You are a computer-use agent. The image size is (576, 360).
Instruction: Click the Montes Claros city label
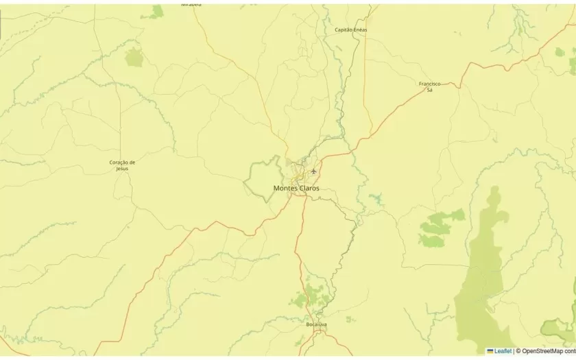click(296, 188)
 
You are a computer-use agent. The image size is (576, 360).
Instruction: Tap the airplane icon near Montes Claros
click(314, 170)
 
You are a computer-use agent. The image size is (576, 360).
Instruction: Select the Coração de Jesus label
click(122, 165)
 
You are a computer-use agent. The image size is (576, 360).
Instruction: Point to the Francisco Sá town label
click(429, 86)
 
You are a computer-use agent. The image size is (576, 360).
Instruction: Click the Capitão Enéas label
click(350, 29)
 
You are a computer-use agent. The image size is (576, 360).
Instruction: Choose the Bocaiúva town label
click(316, 324)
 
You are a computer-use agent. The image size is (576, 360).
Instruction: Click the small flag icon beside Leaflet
click(490, 351)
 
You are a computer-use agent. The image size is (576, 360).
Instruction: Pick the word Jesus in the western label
click(122, 168)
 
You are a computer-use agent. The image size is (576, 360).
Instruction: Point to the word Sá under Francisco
click(429, 90)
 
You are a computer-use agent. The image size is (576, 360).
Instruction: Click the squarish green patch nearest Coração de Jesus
click(134, 57)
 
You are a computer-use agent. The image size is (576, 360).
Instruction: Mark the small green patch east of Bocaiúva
click(350, 319)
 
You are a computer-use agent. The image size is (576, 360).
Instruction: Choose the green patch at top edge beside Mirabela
click(158, 12)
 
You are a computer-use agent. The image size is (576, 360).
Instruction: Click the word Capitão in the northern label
click(343, 29)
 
